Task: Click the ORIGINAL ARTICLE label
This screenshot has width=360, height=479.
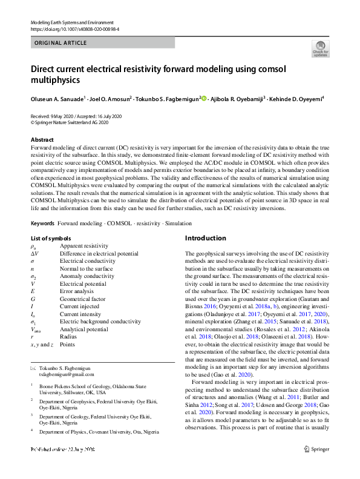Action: coord(60,43)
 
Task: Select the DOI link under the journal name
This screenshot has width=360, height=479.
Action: coord(70,28)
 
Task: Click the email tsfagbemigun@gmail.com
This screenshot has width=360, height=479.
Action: coord(68,375)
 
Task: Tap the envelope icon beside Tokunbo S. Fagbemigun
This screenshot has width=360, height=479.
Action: coord(33,369)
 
